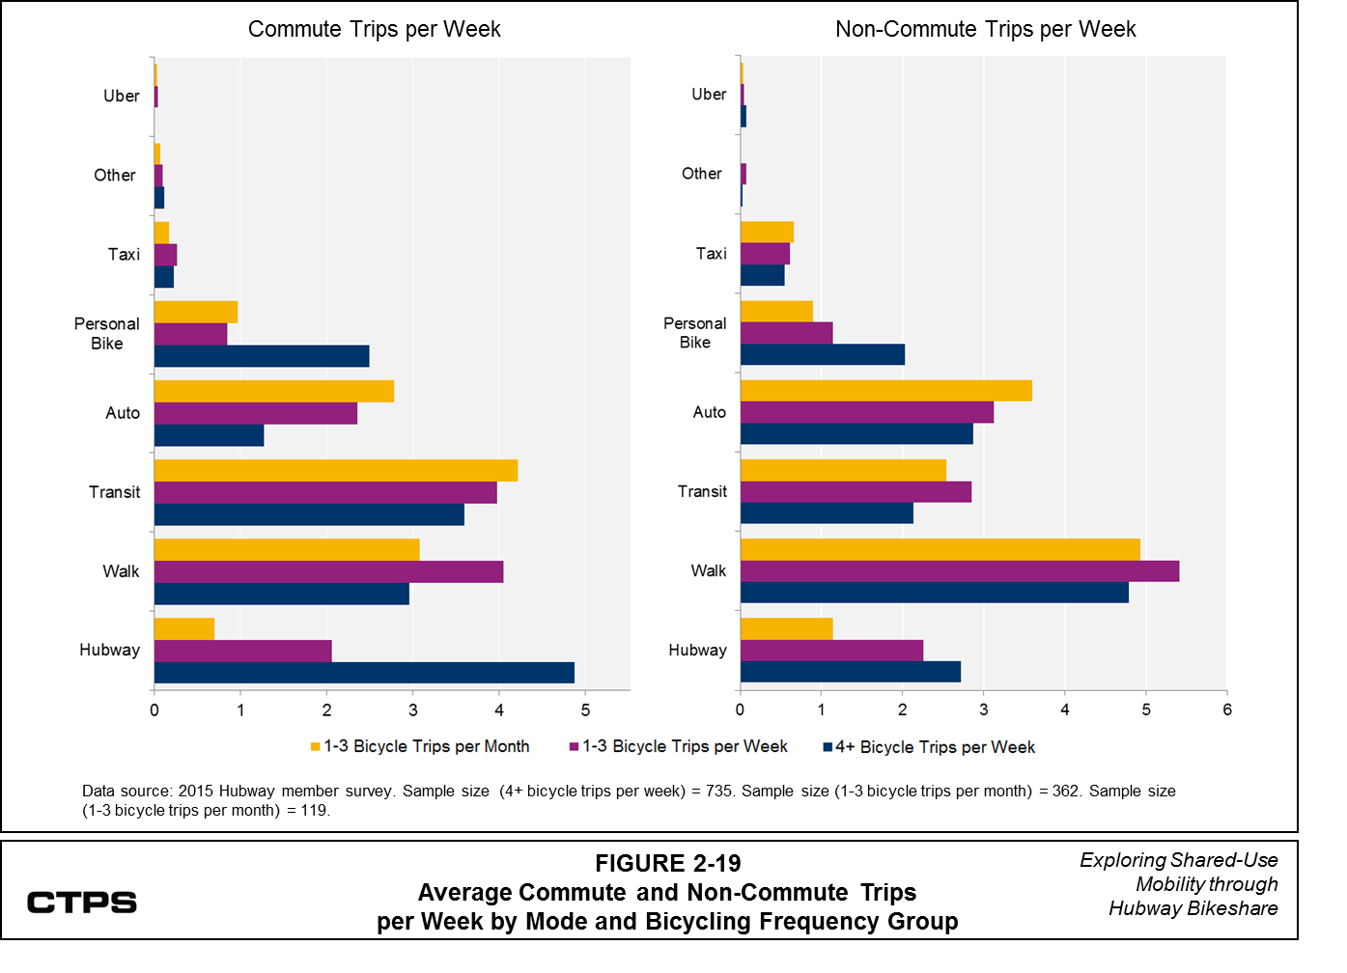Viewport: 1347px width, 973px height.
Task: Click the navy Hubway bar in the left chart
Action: point(364,673)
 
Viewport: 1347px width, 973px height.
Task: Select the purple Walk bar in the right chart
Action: point(959,571)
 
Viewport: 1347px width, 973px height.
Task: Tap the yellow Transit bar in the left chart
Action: point(336,470)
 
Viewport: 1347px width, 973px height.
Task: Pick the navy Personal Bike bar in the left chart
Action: point(262,356)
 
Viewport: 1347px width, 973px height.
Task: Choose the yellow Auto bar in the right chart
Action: point(885,390)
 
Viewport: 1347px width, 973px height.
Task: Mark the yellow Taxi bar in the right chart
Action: point(767,232)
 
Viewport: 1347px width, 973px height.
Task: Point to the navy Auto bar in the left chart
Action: point(209,435)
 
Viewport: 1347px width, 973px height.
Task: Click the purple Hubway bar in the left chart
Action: point(242,651)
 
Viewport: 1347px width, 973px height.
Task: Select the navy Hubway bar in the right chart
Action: point(850,672)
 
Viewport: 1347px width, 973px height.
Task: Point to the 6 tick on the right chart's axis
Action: point(1227,709)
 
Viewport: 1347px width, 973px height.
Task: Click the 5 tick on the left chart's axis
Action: point(585,710)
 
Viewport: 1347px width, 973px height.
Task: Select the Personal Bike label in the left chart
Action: point(106,334)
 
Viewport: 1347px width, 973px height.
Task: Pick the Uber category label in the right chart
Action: point(709,95)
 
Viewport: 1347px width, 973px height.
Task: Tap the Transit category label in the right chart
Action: point(702,491)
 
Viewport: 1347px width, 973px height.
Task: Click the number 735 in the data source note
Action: point(719,791)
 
